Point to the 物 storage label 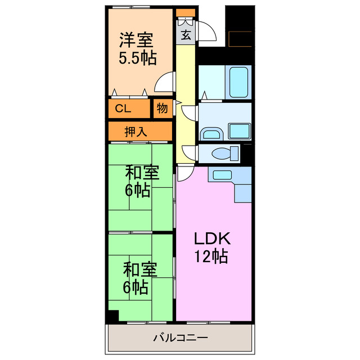pos(162,109)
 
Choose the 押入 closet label pos(136,132)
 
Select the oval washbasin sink pos(211,134)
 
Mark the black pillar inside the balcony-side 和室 pos(113,316)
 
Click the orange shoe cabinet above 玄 pos(185,13)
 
